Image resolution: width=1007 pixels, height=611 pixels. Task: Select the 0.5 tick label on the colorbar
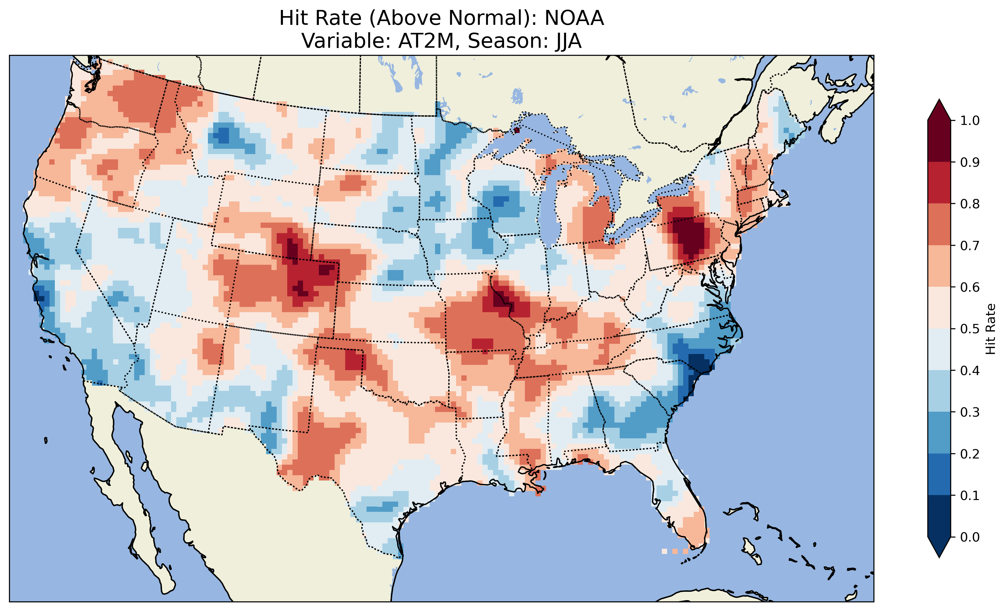(x=970, y=329)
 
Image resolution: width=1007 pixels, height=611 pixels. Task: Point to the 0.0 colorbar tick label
(x=970, y=537)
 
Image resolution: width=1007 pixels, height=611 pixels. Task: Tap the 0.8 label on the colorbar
(x=970, y=204)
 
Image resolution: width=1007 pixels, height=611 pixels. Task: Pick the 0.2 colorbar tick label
(x=970, y=454)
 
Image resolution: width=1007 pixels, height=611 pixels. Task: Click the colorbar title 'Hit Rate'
(x=990, y=329)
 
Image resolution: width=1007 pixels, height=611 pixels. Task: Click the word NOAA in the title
(x=574, y=18)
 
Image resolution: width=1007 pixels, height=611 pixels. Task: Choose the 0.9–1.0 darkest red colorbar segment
(x=939, y=141)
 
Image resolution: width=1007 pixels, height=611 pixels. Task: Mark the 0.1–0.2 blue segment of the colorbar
(x=939, y=474)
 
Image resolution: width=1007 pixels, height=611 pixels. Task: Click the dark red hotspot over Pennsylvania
(x=691, y=237)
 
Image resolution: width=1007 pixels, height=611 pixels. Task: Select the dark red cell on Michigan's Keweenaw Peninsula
(x=516, y=130)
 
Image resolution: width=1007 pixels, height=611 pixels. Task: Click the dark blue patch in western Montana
(x=223, y=135)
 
